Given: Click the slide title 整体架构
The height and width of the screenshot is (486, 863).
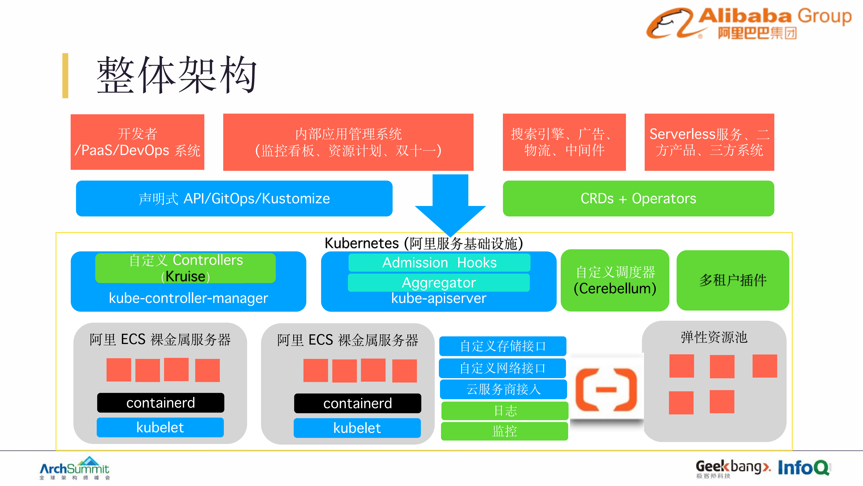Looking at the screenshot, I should pos(177,75).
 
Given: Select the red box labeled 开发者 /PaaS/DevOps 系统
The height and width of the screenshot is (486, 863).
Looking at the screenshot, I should pos(137,142).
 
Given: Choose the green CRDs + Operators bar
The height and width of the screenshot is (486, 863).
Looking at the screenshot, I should pos(638,199).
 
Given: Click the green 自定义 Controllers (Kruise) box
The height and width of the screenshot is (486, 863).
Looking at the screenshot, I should pos(185,268).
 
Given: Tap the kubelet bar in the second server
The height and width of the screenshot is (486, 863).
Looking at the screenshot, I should pos(357,428).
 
